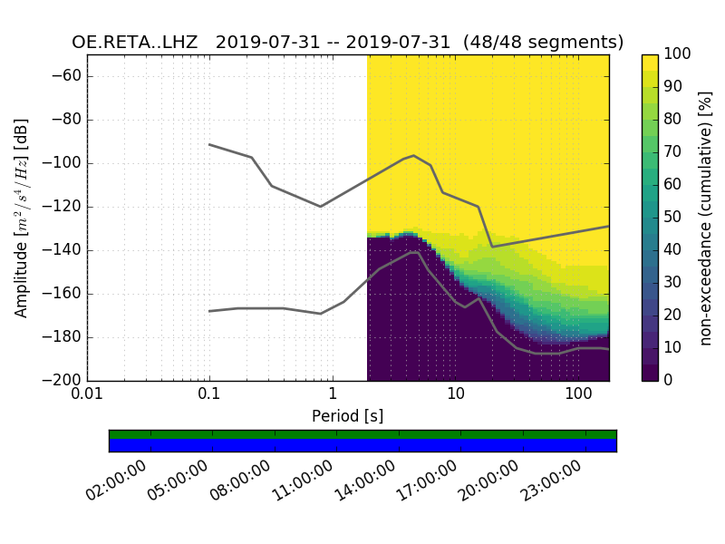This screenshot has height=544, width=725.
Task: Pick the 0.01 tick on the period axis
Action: tap(87, 395)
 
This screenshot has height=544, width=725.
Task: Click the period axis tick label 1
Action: tap(333, 395)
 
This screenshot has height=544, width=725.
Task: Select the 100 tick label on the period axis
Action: tap(578, 395)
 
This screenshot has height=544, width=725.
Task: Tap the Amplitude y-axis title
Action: tap(22, 218)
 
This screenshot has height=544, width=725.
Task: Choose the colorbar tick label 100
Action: tap(677, 54)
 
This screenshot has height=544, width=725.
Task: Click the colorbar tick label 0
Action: tap(669, 381)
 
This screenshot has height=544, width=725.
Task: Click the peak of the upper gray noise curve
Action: tap(414, 155)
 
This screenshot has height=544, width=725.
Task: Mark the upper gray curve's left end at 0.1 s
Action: tap(209, 144)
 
